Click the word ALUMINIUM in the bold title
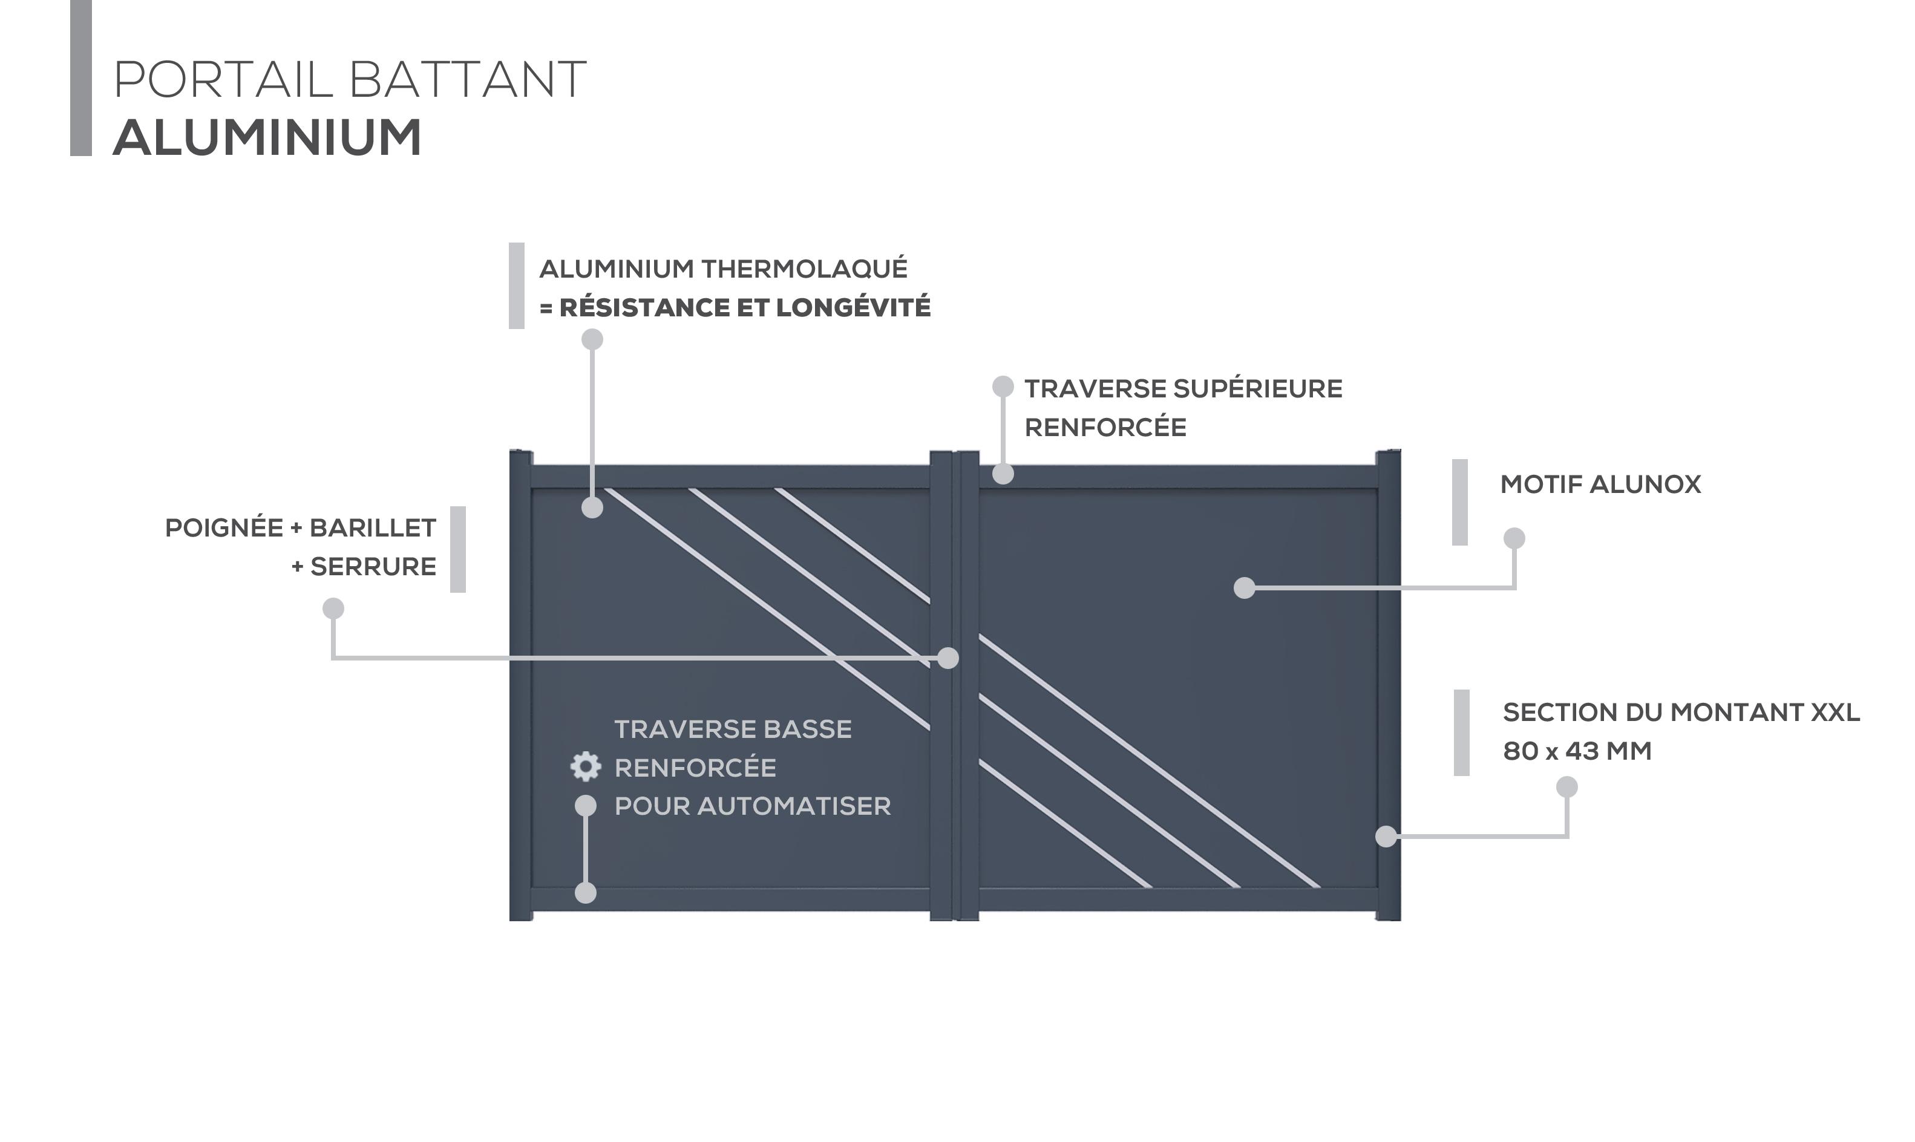(267, 138)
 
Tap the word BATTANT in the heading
(467, 79)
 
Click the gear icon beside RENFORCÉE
(586, 766)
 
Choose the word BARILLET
(373, 528)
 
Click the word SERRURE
(373, 566)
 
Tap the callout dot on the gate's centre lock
(948, 658)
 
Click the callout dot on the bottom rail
(586, 893)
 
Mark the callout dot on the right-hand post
(1386, 836)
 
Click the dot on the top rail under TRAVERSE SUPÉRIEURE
(1003, 474)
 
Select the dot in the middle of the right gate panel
(1245, 588)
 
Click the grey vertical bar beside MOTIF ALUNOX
(1459, 503)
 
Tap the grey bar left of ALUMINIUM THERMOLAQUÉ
(517, 286)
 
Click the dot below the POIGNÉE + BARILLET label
(333, 609)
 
